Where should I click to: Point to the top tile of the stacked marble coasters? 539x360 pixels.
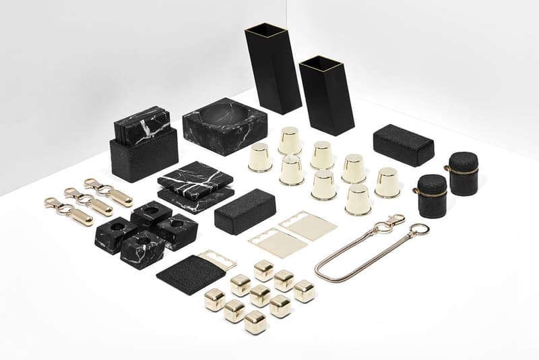(x=195, y=177)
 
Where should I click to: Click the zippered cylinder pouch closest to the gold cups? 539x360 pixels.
(x=432, y=196)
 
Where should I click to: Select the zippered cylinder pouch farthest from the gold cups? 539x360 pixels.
(x=464, y=173)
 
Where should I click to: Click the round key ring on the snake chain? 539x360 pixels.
(x=418, y=230)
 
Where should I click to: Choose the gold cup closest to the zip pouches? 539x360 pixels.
(x=387, y=183)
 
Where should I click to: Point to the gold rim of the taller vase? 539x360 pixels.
(x=260, y=30)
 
